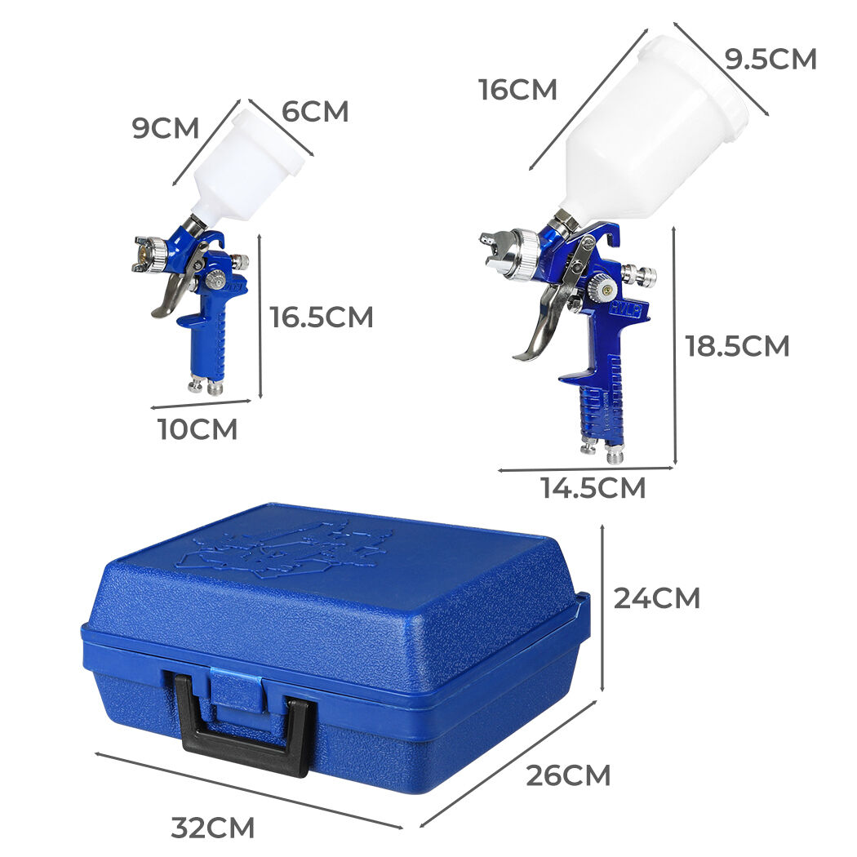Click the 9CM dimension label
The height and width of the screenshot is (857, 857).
[166, 128]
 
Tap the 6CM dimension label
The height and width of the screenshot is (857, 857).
[315, 112]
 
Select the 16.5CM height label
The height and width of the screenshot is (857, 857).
[322, 317]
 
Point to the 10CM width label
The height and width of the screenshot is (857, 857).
[198, 429]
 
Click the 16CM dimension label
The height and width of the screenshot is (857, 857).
[517, 90]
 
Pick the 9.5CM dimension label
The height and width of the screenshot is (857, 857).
[770, 59]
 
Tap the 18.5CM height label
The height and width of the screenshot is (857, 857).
[737, 346]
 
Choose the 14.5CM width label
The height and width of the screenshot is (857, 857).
[593, 487]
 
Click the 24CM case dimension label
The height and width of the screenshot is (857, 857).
[656, 598]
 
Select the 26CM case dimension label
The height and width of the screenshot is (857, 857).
[568, 775]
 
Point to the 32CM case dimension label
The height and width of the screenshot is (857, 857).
[212, 828]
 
